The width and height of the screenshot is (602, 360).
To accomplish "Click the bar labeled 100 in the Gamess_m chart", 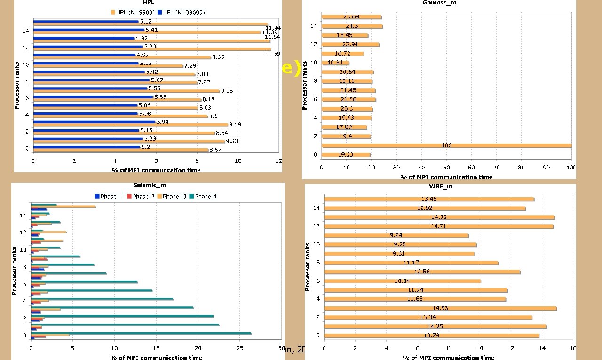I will (x=446, y=145).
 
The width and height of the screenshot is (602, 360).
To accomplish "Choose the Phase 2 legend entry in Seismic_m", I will (x=143, y=196).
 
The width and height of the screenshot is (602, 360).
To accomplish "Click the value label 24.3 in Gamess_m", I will (x=352, y=26).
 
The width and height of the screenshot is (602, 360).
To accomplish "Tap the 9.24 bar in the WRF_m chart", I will (x=396, y=235).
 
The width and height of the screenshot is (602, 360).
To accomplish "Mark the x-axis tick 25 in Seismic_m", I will (x=239, y=349).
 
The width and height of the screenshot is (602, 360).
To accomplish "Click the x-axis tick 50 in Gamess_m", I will (x=446, y=168).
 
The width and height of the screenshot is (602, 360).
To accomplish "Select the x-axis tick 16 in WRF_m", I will (x=572, y=348).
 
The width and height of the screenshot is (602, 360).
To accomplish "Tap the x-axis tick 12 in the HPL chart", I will (x=278, y=161).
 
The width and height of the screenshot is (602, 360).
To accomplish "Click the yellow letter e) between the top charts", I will (x=291, y=69).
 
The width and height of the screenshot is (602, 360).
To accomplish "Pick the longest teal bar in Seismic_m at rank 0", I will (x=141, y=333).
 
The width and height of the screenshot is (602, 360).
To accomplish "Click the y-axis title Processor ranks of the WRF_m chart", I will (x=308, y=266).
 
